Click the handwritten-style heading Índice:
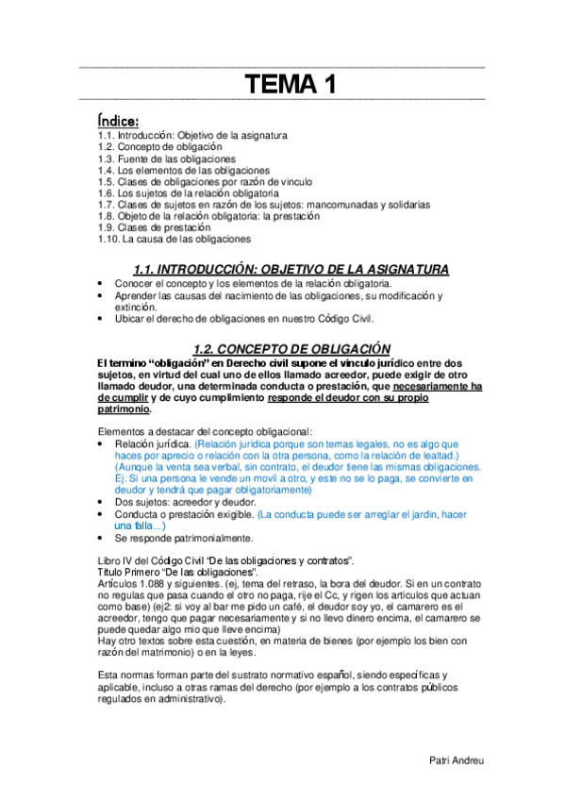119,121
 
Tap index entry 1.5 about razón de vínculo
204,181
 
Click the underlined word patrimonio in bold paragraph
124,408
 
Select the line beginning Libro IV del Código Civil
225,560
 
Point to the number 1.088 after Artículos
154,584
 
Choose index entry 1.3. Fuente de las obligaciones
166,158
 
